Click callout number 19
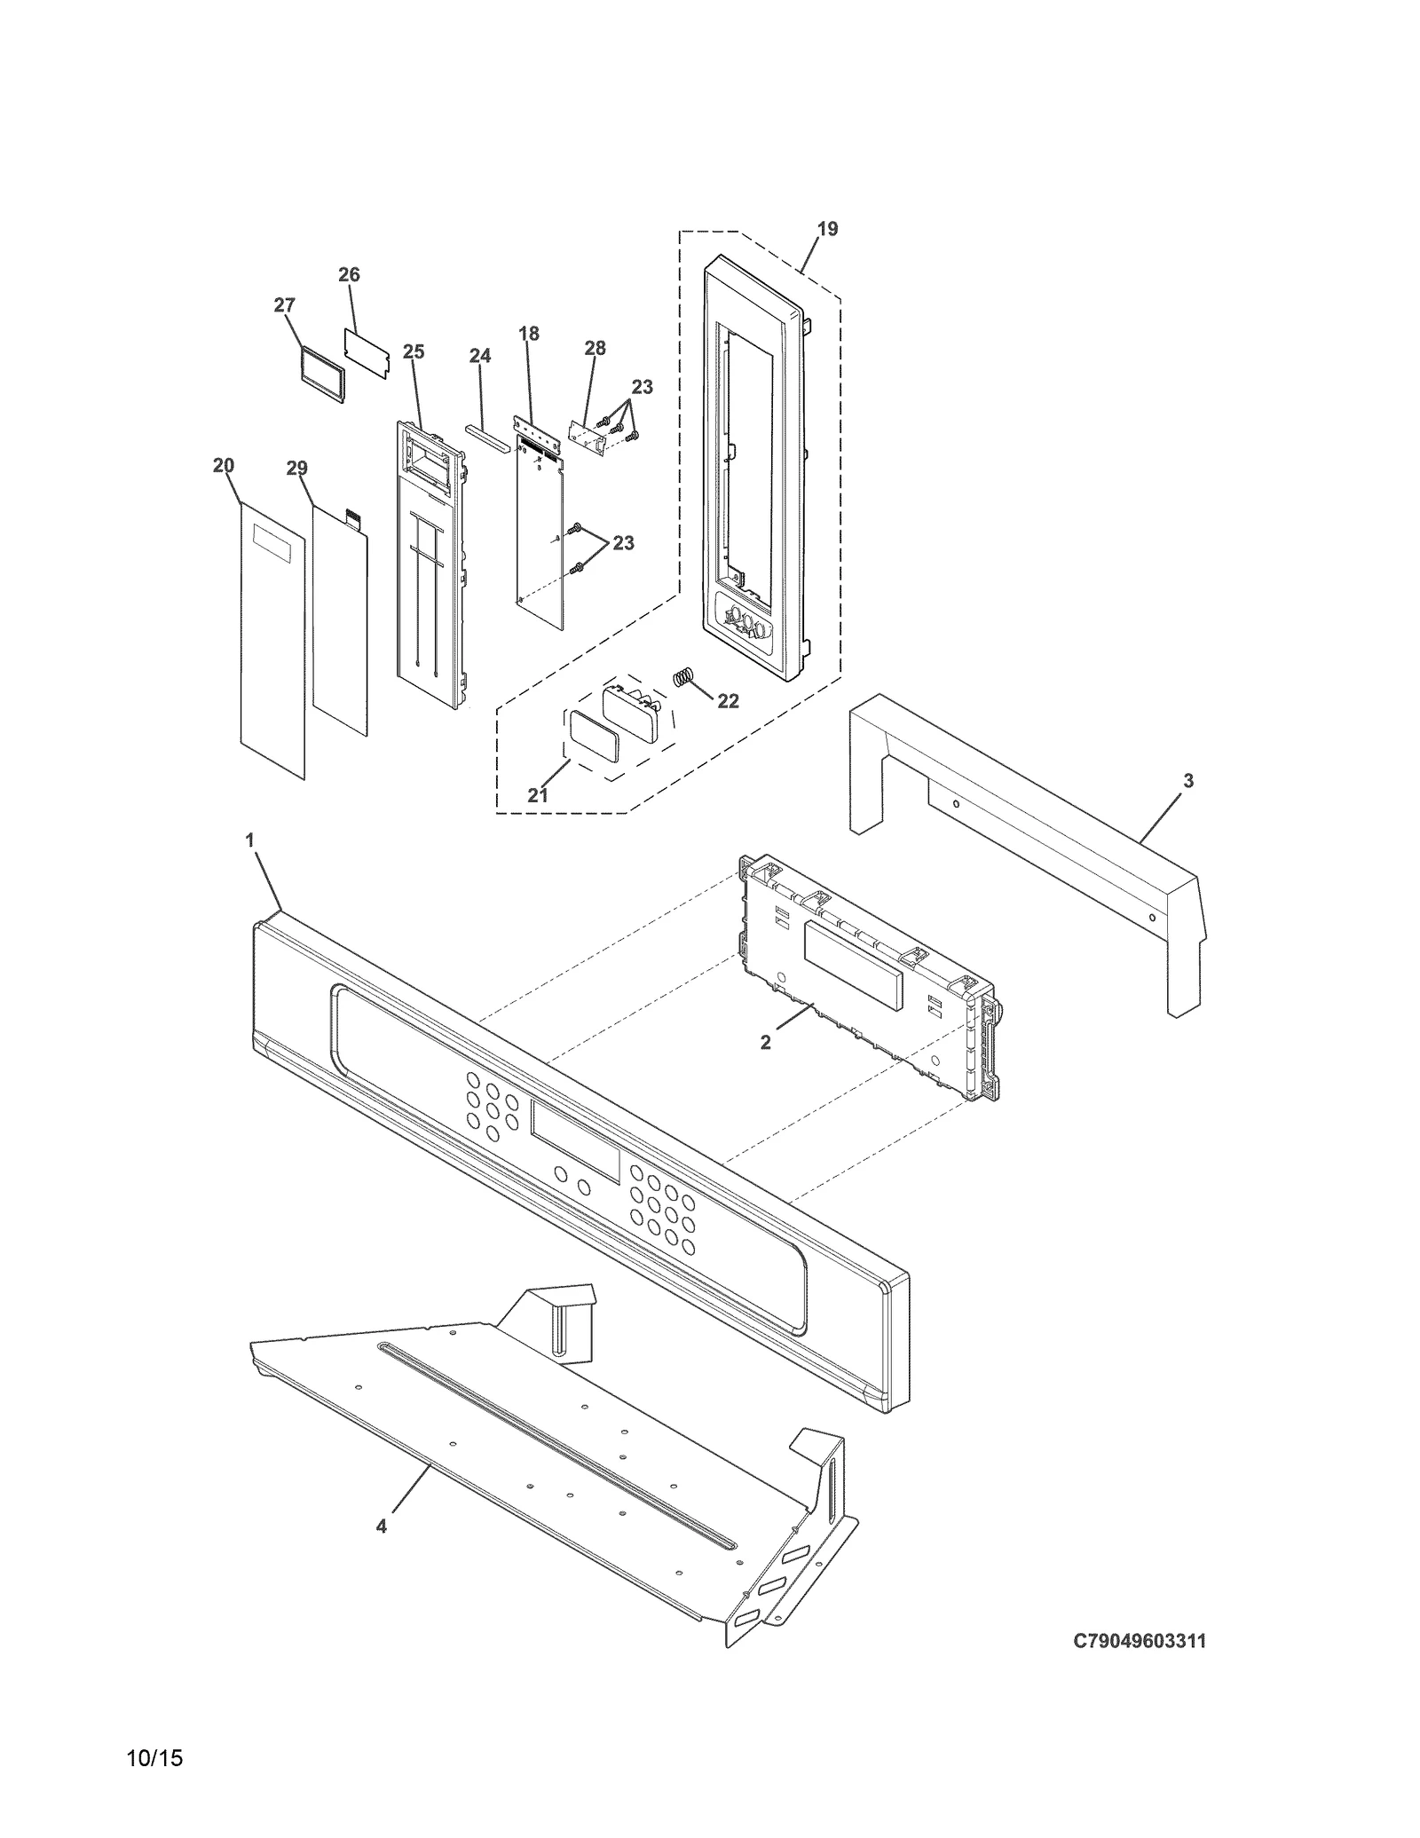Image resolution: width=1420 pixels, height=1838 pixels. [x=826, y=229]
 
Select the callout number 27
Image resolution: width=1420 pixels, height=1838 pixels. [x=284, y=305]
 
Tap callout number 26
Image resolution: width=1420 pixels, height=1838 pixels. [x=349, y=275]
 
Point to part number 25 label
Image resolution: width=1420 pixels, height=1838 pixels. [x=413, y=352]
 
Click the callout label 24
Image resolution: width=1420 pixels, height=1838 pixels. [x=479, y=356]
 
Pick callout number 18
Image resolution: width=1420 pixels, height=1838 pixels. [x=528, y=334]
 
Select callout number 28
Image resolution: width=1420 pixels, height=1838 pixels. [x=595, y=348]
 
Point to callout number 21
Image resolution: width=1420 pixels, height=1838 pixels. [x=538, y=795]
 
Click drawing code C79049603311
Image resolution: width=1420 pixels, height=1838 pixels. [x=1140, y=1641]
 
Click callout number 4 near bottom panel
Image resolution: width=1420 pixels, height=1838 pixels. [x=382, y=1526]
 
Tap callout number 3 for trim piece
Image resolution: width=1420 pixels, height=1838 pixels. [x=1188, y=781]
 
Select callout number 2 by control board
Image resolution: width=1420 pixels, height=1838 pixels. [x=765, y=1043]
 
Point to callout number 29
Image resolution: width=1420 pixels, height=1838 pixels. [x=296, y=468]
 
